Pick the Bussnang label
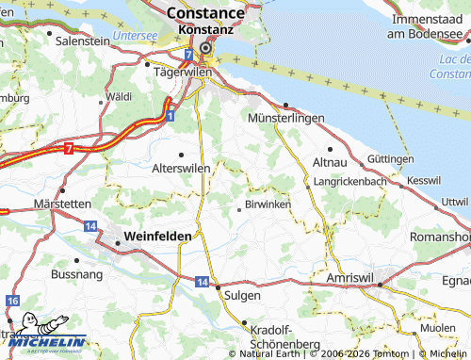(76, 273)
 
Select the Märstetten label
(62, 204)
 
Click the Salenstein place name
(84, 42)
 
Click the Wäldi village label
(120, 97)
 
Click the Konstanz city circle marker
(205, 46)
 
